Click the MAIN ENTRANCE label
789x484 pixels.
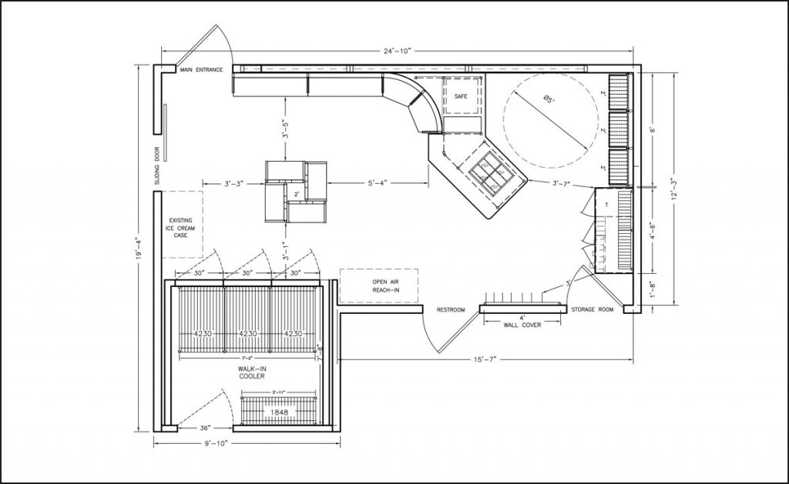tap(201, 70)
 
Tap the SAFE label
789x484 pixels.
tap(461, 96)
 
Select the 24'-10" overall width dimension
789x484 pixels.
tap(398, 51)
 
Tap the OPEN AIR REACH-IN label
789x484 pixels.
tap(378, 285)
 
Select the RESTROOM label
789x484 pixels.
tap(451, 310)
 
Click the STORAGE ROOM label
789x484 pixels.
tap(592, 310)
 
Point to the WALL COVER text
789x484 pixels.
tap(522, 325)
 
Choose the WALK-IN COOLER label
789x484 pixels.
tap(251, 372)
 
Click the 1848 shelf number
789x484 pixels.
tap(279, 412)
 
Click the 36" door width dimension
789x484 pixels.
tap(206, 427)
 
